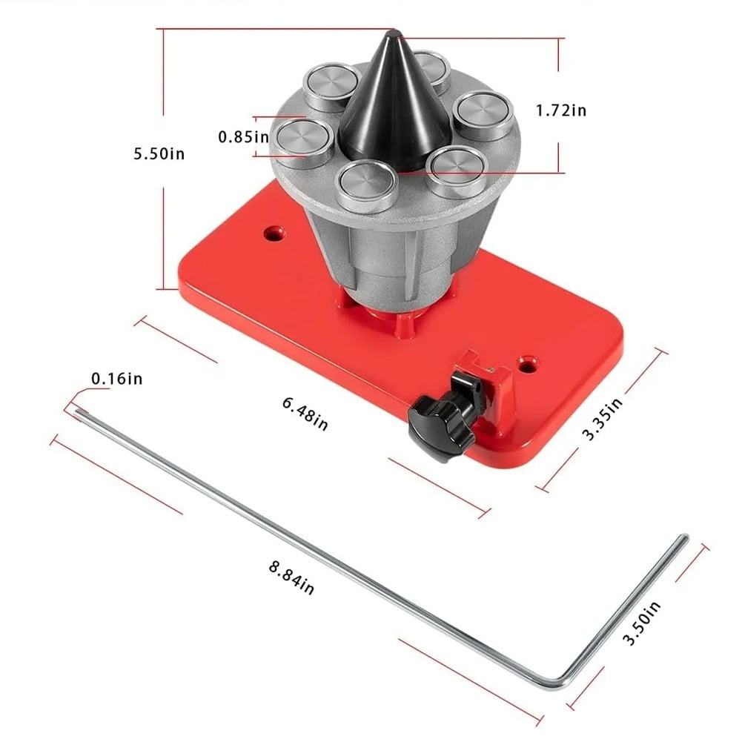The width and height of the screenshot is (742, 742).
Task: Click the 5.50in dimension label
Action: pos(159,154)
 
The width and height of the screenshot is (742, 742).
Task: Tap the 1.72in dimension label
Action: pos(561,110)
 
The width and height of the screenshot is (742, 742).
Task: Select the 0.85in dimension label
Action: pos(243,137)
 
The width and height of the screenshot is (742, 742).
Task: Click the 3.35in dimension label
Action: pos(599,420)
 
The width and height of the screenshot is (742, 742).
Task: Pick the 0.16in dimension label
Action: pos(117,379)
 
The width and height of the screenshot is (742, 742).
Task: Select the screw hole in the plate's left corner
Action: pos(274,234)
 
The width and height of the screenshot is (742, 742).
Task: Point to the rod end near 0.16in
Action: pos(79,412)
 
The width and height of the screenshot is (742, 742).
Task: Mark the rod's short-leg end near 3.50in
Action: pos(683,539)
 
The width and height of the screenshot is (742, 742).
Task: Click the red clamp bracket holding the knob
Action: pos(489,385)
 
